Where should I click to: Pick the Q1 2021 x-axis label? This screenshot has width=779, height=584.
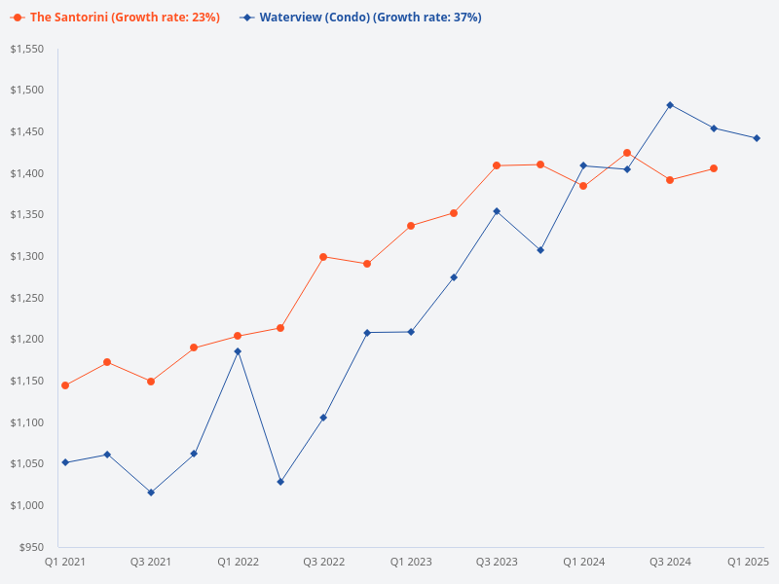(64, 562)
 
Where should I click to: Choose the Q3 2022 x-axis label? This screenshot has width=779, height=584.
(323, 562)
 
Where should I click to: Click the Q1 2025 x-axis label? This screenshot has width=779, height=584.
(750, 562)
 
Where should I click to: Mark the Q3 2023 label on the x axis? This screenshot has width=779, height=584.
(497, 562)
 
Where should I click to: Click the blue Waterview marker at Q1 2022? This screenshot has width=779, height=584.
(238, 351)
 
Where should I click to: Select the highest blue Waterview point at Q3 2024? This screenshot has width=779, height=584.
(670, 105)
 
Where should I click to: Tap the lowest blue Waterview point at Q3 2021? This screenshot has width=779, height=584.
(151, 493)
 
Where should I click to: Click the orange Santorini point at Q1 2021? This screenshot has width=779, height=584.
(65, 385)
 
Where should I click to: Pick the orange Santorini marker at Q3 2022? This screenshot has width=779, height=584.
(323, 257)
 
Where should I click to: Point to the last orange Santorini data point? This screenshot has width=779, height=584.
(714, 168)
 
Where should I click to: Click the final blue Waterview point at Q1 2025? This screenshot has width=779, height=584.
(757, 138)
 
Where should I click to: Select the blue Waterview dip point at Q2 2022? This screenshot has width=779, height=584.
(280, 482)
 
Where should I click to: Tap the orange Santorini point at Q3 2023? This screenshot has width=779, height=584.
(497, 165)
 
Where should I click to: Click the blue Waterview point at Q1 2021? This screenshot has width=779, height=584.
(65, 462)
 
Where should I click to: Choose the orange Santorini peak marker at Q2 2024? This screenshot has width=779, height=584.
(627, 153)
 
